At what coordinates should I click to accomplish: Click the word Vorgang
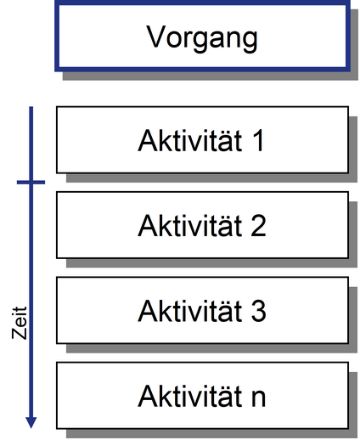point(202,37)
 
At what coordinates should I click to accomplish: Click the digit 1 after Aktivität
point(259,141)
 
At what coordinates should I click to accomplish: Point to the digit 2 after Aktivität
point(258,226)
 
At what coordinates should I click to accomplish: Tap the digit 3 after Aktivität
point(258,311)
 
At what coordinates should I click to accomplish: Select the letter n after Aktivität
point(258,398)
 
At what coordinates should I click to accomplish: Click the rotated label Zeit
point(20,323)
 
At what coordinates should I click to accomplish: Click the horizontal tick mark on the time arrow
point(31,183)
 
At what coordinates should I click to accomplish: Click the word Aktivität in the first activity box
point(189,140)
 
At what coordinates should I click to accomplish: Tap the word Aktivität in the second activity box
point(189,225)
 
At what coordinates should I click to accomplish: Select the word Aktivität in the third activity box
point(189,311)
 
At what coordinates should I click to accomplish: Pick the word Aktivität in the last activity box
point(189,396)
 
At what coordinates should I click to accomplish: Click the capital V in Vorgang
point(155,37)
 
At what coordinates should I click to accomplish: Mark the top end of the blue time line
point(31,107)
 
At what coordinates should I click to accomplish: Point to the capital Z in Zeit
point(20,333)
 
